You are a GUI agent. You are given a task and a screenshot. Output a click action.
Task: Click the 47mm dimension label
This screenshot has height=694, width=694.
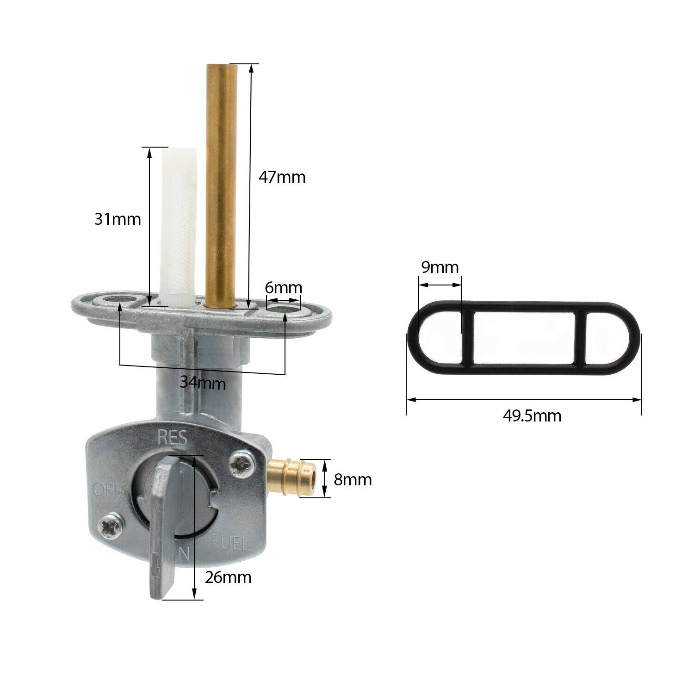pos(282,177)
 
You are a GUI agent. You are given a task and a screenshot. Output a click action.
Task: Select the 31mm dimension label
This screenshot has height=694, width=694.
pos(118,219)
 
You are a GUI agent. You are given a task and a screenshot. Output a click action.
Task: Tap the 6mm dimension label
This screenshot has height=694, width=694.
pos(283,288)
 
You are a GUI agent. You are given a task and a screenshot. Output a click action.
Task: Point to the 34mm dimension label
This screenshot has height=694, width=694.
pos(203,383)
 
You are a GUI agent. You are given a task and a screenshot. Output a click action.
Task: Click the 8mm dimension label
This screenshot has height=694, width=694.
pos(353,480)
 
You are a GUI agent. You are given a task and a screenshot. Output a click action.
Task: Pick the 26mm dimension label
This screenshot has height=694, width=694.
pos(228,577)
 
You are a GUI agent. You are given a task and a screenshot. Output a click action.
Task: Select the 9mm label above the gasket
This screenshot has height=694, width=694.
pos(440,267)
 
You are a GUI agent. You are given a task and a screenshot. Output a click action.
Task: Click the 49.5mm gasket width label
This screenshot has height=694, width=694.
pos(532,416)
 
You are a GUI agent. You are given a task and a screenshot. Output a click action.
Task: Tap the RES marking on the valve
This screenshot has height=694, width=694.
pos(172,437)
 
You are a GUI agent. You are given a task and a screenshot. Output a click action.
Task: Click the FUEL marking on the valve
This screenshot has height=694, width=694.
pos(230,542)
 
